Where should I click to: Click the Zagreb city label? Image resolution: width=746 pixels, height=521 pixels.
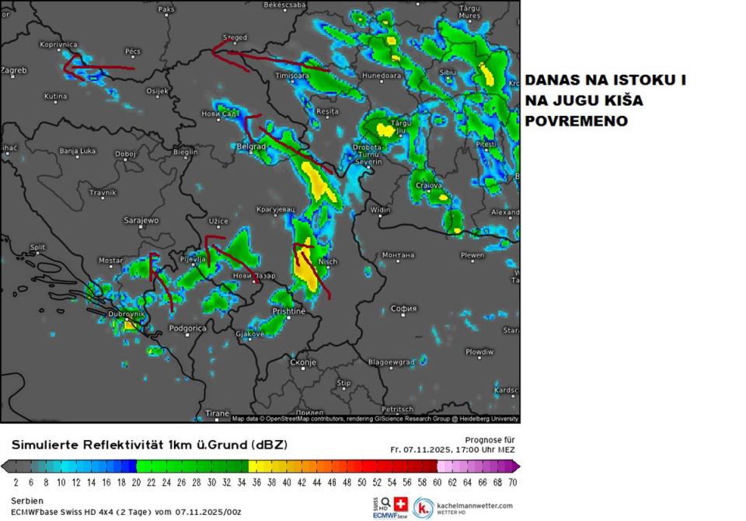click(x=14, y=70)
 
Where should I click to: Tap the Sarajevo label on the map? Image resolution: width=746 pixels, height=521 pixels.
click(x=141, y=221)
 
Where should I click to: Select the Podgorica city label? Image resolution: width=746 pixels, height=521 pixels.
click(x=187, y=328)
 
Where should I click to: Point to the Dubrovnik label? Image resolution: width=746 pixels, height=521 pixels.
click(x=127, y=314)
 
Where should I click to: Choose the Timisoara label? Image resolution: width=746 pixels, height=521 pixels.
click(x=292, y=76)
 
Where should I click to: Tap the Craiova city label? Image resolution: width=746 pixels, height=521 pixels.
click(x=428, y=186)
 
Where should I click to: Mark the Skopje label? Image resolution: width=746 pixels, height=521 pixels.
click(x=303, y=362)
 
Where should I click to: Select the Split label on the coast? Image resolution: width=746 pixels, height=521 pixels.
click(x=37, y=247)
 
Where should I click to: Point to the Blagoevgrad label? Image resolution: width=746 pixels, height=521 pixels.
click(x=390, y=362)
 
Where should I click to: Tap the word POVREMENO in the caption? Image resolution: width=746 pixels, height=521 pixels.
click(x=576, y=121)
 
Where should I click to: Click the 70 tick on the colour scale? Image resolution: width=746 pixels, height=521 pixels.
click(x=512, y=482)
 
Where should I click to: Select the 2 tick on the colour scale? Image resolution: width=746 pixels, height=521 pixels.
click(x=16, y=482)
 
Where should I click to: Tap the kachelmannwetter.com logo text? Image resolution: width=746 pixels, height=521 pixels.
click(x=473, y=505)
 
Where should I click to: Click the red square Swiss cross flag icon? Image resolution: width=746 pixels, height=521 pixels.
click(x=401, y=503)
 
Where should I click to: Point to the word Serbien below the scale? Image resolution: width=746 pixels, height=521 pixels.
click(x=28, y=500)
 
